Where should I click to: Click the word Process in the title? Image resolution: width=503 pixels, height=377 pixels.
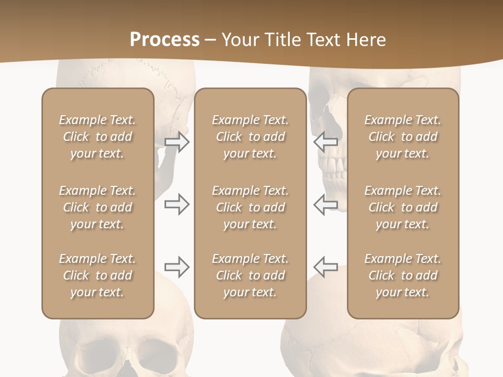point(165,40)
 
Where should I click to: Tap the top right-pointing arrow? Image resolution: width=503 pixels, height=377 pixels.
point(177,142)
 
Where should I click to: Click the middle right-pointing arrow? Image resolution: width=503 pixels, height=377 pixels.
point(177,204)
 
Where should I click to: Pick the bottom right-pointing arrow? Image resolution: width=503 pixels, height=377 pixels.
point(177,267)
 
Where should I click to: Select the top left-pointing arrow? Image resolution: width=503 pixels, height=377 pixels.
point(326,142)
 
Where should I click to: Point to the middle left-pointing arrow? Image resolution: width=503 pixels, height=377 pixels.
point(326,204)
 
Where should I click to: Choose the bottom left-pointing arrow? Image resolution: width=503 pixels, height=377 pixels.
point(326,267)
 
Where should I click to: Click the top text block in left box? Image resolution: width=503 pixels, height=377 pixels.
point(97,137)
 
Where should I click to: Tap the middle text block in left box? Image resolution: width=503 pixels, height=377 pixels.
point(97,207)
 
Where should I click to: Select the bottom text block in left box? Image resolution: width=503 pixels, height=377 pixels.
point(97,275)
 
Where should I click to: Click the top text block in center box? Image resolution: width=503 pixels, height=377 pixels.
point(250,137)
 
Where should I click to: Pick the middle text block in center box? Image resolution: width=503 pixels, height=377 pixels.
point(250,207)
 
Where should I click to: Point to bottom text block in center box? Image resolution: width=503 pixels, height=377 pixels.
point(250,275)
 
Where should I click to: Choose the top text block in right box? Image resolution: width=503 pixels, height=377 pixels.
point(403,137)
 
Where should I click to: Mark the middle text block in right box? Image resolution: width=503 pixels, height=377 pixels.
point(403,207)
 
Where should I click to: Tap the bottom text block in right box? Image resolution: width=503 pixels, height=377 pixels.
point(403,275)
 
